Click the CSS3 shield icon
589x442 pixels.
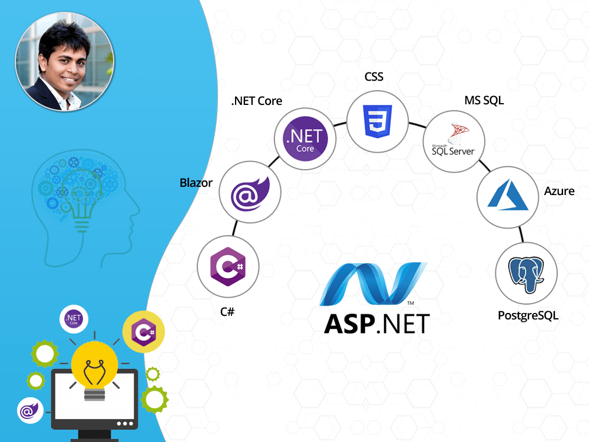pyautogui.click(x=378, y=121)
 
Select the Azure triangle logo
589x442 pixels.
pyautogui.click(x=508, y=195)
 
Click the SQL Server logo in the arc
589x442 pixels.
pyautogui.click(x=454, y=140)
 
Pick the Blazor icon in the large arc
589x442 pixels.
pyautogui.click(x=250, y=193)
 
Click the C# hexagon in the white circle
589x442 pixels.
pyautogui.click(x=228, y=266)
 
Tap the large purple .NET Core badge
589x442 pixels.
pyautogui.click(x=305, y=138)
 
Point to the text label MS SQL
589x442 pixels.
pyautogui.click(x=484, y=100)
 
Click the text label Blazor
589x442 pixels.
pyautogui.click(x=196, y=183)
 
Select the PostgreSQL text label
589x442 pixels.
pyautogui.click(x=528, y=315)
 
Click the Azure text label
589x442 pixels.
pyautogui.click(x=560, y=191)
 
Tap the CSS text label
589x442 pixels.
pyautogui.click(x=374, y=77)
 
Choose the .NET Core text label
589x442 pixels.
pyautogui.click(x=257, y=101)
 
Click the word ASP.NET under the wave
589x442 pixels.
pyautogui.click(x=377, y=324)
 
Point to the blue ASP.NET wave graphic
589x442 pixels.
pyautogui.click(x=373, y=284)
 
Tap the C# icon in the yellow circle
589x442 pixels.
pyautogui.click(x=143, y=332)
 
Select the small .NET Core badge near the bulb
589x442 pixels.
pyautogui.click(x=74, y=319)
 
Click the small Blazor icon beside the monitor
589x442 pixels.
pyautogui.click(x=30, y=410)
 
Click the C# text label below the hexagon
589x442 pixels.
pyautogui.click(x=227, y=312)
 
